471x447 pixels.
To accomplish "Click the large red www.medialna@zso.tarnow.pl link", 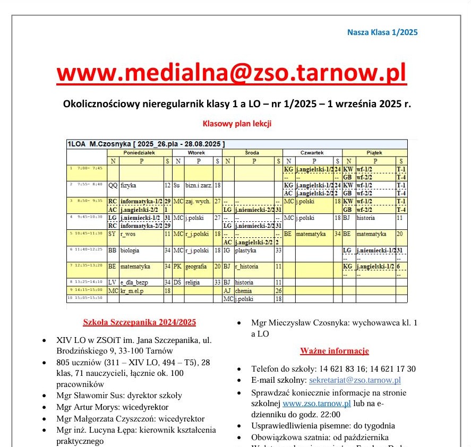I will (232, 72).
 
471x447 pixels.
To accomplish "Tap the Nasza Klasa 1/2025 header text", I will (382, 32).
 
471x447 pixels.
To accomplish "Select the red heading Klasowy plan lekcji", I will (237, 124).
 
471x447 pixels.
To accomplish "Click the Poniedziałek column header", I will (139, 152).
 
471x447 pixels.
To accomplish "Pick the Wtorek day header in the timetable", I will (196, 152).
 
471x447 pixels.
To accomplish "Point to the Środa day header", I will (252, 152).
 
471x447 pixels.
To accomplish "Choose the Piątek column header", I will (374, 152).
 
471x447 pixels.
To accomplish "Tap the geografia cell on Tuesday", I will (196, 267).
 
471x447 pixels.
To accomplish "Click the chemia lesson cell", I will (244, 290).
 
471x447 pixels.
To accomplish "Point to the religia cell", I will (193, 282).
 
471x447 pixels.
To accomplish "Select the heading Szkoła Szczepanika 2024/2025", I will (140, 322).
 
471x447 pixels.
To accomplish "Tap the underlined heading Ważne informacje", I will (334, 351).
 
